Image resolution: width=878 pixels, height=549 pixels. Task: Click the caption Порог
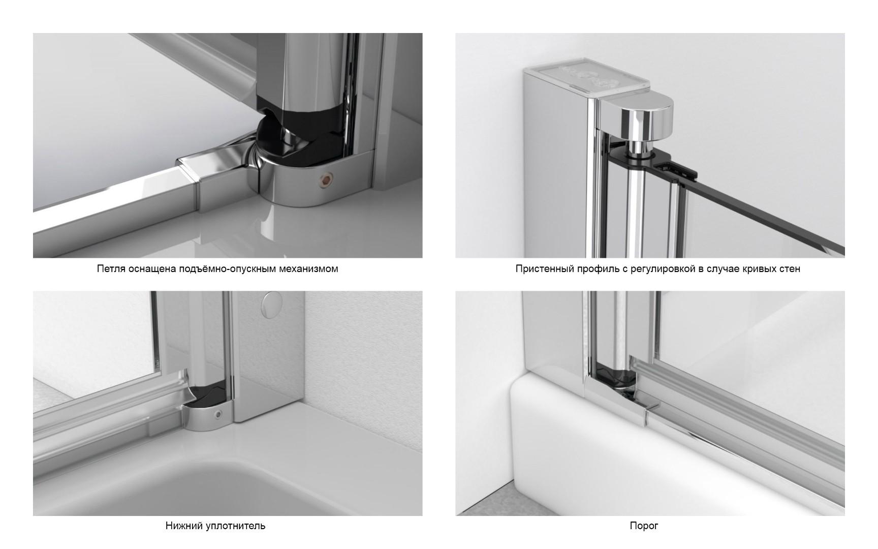pos(644,526)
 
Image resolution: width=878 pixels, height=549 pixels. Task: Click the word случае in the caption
pos(724,269)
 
